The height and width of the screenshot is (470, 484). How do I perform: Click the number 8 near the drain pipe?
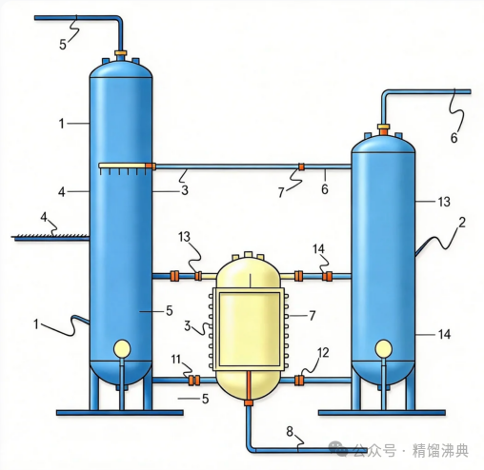tap(290, 431)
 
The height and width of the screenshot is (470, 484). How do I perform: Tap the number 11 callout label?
tap(175, 360)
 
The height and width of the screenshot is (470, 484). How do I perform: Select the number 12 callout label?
tap(323, 353)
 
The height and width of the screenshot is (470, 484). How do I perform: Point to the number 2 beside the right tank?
tap(462, 223)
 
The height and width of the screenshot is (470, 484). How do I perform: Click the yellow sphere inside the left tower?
tap(122, 348)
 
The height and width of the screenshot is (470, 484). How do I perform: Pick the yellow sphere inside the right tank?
tap(383, 348)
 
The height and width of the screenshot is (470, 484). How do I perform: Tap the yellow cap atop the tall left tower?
tap(121, 52)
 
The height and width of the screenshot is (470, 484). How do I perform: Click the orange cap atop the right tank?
tap(383, 129)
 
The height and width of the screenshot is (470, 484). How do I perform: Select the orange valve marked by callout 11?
tap(193, 380)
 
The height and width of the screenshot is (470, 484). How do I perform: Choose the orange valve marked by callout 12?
tap(298, 380)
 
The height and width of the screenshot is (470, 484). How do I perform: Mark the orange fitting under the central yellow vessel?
tap(248, 402)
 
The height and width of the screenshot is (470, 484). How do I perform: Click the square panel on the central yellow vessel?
tap(250, 329)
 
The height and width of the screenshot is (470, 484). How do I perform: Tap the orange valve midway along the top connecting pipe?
tap(301, 166)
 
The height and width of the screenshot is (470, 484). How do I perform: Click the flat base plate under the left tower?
tap(120, 412)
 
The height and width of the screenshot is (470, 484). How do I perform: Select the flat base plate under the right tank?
tap(382, 412)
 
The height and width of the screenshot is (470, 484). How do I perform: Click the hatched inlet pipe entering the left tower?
tap(50, 237)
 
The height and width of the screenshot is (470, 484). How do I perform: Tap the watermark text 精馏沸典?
tap(440, 450)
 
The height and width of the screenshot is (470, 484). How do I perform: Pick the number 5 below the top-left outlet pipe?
tap(63, 45)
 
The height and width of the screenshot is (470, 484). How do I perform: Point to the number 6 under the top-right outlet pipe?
tap(454, 138)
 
